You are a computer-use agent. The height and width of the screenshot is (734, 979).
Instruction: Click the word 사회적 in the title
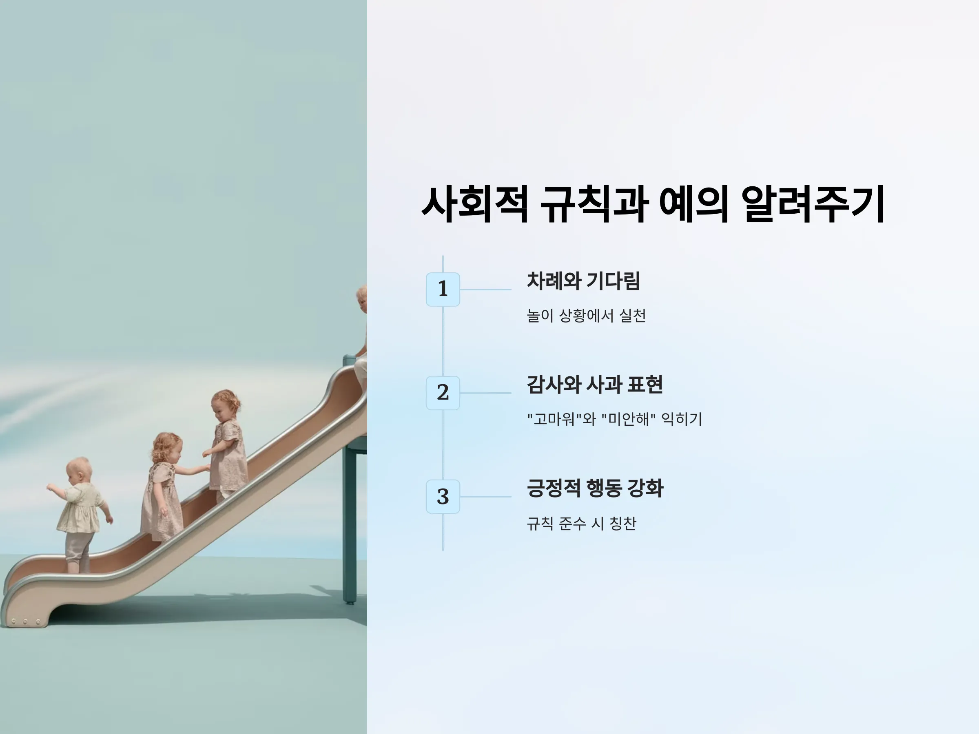(475, 204)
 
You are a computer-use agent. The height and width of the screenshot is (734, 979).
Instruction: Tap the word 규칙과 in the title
(594, 204)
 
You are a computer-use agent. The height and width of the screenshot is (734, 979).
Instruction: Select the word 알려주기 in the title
(813, 204)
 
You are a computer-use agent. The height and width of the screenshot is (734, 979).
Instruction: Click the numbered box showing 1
(443, 290)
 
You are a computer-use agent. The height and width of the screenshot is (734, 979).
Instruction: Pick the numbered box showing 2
(443, 393)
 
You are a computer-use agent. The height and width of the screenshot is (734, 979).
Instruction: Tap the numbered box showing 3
(443, 496)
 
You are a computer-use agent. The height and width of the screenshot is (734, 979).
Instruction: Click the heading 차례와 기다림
(583, 281)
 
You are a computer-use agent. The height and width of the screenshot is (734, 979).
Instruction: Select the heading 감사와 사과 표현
(595, 385)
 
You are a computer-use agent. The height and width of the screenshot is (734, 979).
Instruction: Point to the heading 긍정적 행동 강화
(595, 488)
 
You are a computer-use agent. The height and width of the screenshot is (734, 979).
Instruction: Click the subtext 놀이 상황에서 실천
(587, 316)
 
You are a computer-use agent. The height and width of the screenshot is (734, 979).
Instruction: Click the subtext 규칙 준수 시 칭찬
(582, 524)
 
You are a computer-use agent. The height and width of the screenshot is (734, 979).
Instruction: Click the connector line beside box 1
(485, 290)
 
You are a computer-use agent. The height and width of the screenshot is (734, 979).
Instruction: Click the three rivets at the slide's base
(26, 621)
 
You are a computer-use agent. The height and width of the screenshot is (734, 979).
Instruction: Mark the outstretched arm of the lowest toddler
(57, 489)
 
